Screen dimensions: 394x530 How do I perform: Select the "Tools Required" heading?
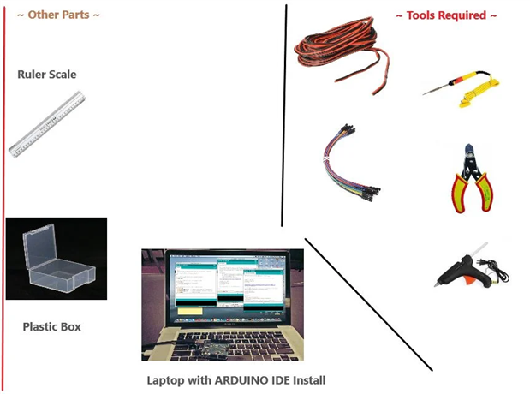pyautogui.click(x=446, y=15)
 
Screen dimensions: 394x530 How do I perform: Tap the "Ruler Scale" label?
pyautogui.click(x=47, y=75)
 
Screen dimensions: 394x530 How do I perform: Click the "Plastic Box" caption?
pyautogui.click(x=51, y=326)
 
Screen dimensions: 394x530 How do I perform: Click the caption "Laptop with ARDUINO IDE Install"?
pyautogui.click(x=235, y=379)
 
